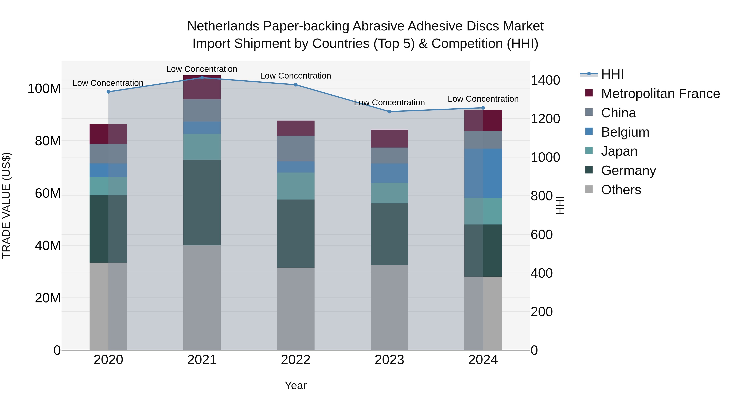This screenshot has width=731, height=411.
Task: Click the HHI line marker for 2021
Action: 202,78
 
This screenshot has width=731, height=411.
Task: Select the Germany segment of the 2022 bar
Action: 296,234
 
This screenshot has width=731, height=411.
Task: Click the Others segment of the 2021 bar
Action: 202,298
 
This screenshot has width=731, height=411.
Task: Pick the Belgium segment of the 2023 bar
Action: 389,173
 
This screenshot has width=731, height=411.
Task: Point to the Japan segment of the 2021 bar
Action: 202,147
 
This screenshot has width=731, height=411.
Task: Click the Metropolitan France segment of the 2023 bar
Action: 389,139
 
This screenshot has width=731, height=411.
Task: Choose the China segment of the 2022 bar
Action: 296,149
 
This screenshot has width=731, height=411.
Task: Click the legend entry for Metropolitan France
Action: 660,94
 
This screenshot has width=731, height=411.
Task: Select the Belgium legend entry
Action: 625,132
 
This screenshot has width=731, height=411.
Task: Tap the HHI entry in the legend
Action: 612,74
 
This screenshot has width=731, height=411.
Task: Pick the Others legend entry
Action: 621,190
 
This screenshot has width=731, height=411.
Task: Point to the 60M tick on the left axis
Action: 47,193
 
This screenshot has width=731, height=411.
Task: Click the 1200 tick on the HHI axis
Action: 545,119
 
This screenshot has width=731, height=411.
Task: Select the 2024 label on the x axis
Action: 483,360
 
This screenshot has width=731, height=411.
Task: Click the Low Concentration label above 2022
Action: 295,76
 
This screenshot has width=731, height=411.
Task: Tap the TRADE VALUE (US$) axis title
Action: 6,205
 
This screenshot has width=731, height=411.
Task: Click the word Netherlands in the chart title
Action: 223,26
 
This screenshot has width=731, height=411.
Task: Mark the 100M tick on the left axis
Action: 44,89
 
